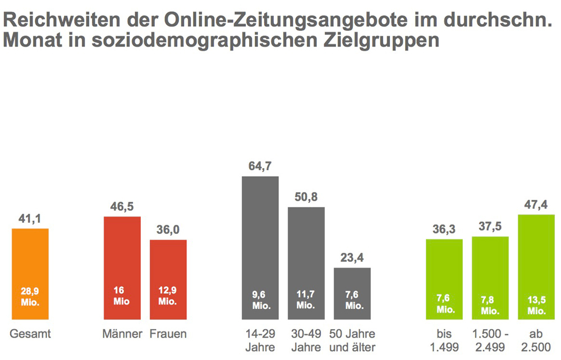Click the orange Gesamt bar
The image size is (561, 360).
point(30,264)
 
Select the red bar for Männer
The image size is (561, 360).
point(122,258)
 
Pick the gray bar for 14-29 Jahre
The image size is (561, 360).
point(260,236)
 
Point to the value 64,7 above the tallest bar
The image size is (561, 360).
point(260,167)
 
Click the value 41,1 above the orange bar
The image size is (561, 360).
point(30,219)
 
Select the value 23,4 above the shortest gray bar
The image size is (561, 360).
point(352,258)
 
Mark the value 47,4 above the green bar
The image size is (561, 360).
point(536,205)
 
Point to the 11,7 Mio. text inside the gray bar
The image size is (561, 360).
point(306,301)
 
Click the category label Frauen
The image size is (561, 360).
point(168,334)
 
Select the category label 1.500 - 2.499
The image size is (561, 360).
point(490,340)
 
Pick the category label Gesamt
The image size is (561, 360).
point(30,334)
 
